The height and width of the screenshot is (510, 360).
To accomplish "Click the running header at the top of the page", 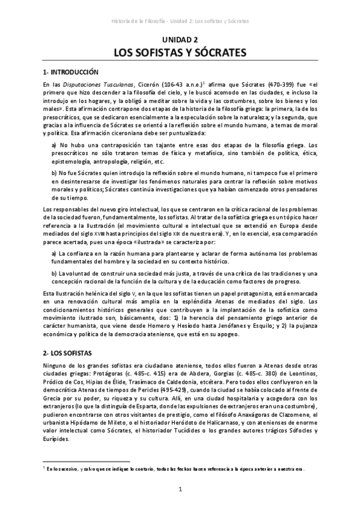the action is coord(180,20).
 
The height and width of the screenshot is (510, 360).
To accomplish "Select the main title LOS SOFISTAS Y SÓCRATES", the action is coord(180,53).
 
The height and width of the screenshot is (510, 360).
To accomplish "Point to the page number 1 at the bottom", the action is coord(180,490).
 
